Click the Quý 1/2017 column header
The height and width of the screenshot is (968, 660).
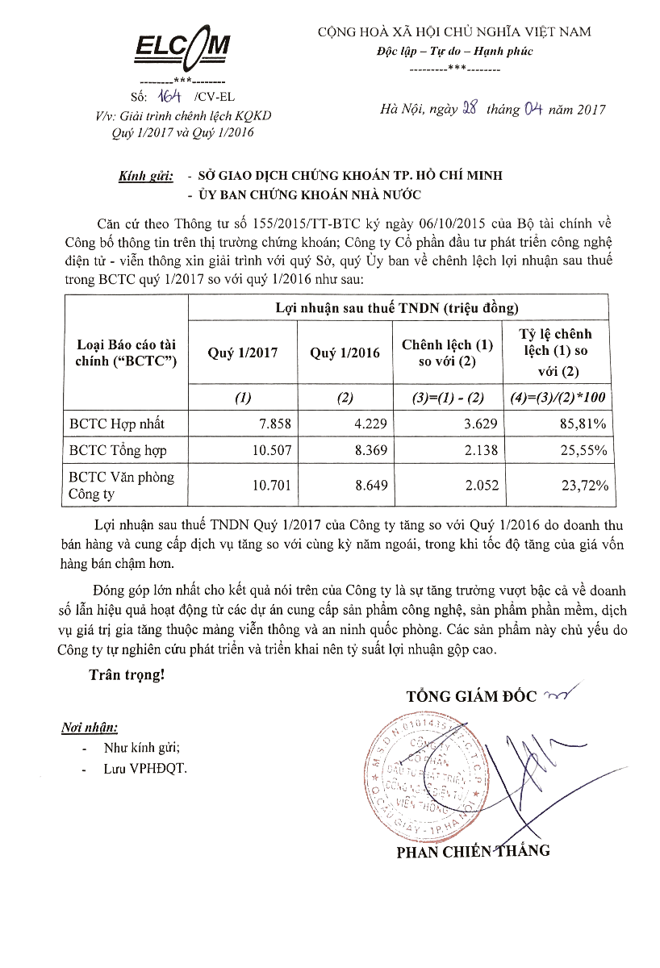(x=242, y=353)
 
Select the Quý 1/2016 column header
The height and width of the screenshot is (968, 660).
(x=345, y=353)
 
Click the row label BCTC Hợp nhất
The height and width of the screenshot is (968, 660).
(x=117, y=423)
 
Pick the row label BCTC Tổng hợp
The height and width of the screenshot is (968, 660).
(x=119, y=451)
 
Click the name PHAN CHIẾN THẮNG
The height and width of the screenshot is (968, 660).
(x=473, y=851)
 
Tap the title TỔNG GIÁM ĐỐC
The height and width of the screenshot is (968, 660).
(x=471, y=696)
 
